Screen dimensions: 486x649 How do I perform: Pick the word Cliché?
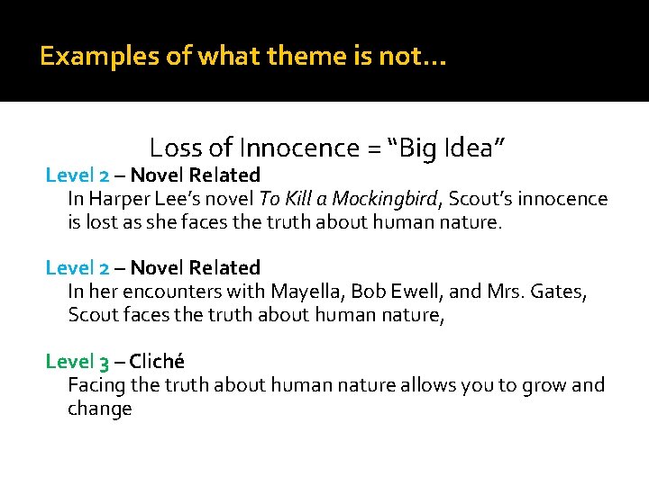pos(157,362)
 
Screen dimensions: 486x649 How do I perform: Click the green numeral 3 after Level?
pos(105,363)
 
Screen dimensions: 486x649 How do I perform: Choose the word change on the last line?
pos(100,409)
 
